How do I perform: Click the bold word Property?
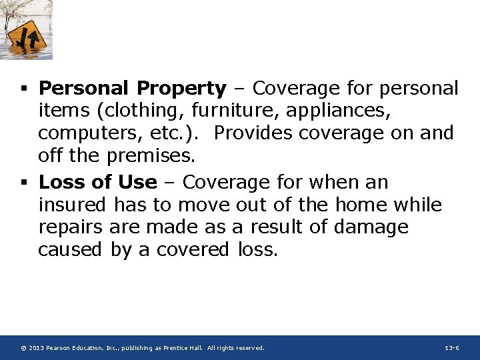coord(182,89)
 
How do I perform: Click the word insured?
coord(73,205)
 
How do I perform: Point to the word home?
coord(361,205)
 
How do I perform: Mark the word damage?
coord(371,227)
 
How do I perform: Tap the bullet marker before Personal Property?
coord(24,89)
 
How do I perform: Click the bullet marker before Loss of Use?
coord(24,183)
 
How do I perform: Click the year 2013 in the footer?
coord(37,348)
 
